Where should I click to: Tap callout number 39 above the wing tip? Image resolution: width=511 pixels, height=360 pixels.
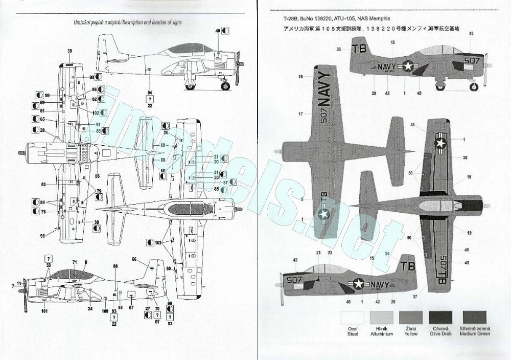coord(69,50)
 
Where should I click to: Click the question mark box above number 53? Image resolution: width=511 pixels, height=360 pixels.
coord(48,258)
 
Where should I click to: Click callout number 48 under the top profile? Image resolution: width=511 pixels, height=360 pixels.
coord(419,93)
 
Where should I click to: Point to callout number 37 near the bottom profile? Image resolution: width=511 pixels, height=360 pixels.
coord(414,296)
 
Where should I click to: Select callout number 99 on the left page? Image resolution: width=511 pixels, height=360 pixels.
coord(47,96)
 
